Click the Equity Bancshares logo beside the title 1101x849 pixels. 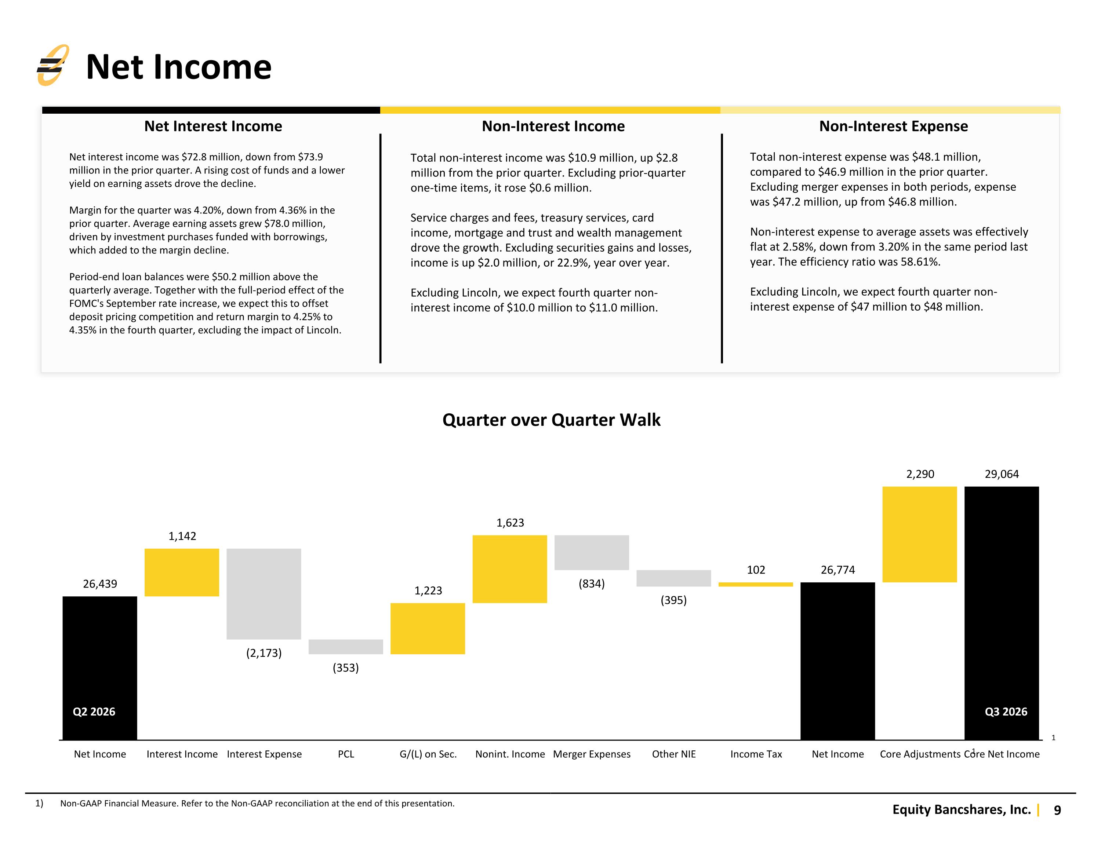coord(53,66)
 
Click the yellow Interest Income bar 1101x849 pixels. coord(182,572)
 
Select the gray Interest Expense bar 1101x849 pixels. coord(264,594)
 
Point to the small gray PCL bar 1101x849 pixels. coord(346,647)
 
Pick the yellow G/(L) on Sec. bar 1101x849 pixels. coord(428,629)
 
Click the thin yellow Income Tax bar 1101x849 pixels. coord(756,585)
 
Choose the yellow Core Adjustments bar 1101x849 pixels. coord(919,535)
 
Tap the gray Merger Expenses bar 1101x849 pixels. coord(592,553)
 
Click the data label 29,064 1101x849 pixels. coord(1002,474)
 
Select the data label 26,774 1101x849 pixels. coord(838,570)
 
